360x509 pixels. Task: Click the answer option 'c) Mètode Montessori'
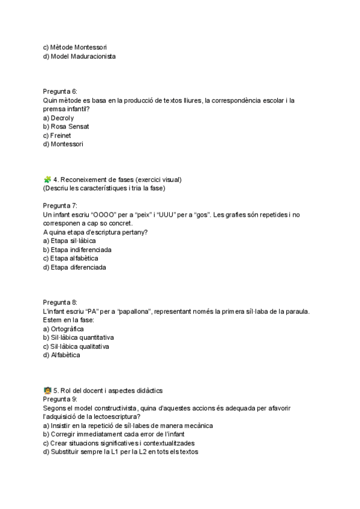(x=76, y=47)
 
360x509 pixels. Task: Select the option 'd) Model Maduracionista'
(x=79, y=56)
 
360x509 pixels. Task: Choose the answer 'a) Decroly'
(x=58, y=118)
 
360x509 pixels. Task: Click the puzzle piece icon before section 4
(x=47, y=179)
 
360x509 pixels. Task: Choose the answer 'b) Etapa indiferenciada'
(x=77, y=249)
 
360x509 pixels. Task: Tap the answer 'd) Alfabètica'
(x=61, y=355)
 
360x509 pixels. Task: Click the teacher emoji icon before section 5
(x=47, y=390)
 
